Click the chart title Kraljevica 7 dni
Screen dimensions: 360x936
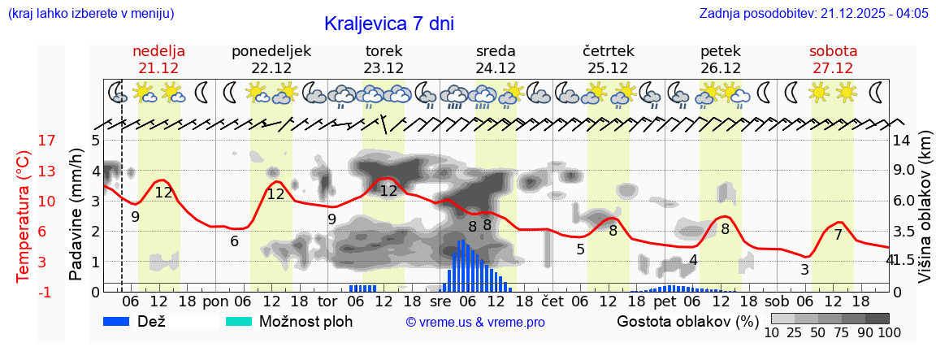(388, 24)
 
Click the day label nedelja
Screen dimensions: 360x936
(158, 51)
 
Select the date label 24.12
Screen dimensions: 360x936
(496, 68)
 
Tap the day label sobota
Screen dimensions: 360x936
(833, 51)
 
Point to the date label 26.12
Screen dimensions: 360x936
(720, 68)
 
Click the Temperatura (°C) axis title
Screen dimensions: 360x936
(24, 216)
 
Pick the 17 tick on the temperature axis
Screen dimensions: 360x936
(24, 141)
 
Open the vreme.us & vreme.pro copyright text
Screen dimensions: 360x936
(475, 322)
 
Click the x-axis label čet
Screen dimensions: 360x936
(552, 301)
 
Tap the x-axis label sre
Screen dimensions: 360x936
(440, 301)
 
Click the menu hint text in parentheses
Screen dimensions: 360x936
(90, 14)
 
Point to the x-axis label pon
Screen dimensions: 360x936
(216, 301)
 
